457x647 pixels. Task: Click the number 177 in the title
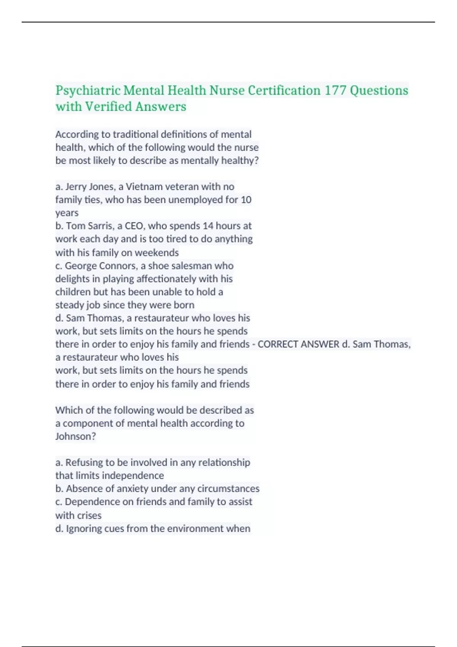[x=335, y=91]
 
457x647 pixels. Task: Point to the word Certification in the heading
[x=284, y=91]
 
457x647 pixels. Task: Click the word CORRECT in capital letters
[x=278, y=344]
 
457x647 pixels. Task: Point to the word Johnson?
[x=75, y=436]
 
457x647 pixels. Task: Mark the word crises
[x=89, y=515]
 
